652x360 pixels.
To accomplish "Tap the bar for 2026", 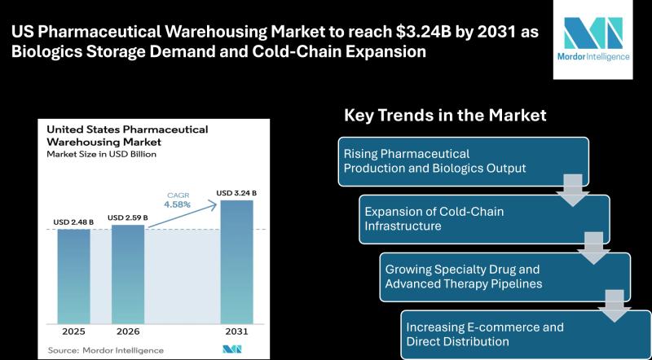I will [x=128, y=273].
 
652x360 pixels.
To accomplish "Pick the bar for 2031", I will [x=236, y=261].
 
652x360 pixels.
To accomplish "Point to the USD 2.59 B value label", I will [x=128, y=217].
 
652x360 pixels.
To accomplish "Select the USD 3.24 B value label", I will [x=236, y=192].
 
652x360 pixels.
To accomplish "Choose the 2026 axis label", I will [x=128, y=331].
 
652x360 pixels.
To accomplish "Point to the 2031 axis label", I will [x=236, y=331].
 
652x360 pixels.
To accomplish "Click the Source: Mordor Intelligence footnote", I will [x=105, y=349].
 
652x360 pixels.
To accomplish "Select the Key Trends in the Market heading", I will [x=446, y=115].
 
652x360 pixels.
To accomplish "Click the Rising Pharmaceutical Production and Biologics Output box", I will [x=464, y=160].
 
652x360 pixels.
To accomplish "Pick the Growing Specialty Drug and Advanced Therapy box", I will [x=505, y=276].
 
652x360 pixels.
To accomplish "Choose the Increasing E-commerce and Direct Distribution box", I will [x=526, y=334].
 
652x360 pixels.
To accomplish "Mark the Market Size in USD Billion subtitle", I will [x=102, y=153].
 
